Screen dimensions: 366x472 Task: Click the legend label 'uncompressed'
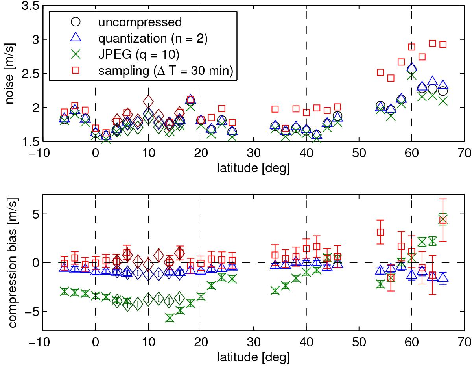[x=140, y=22]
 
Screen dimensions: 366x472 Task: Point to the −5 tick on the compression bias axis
[x=33, y=311]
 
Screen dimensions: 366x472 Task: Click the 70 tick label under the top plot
[x=464, y=153]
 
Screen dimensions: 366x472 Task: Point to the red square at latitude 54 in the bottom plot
[x=380, y=232]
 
